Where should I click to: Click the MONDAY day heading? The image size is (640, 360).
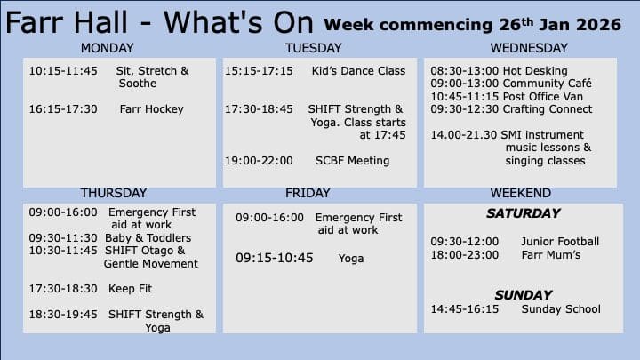(x=107, y=48)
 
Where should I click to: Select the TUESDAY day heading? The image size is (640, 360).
(x=313, y=48)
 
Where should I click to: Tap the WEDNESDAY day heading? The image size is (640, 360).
(x=529, y=48)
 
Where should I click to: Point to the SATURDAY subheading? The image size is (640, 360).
(x=524, y=213)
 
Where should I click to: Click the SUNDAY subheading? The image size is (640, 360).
(x=524, y=295)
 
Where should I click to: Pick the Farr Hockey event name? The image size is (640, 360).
(x=151, y=109)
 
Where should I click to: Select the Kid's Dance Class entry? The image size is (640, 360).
(x=358, y=71)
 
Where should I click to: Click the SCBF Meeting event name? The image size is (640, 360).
(x=352, y=161)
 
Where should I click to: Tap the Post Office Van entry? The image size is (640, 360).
(x=543, y=97)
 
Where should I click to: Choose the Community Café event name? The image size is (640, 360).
(x=547, y=84)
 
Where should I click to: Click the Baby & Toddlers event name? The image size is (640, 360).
(x=148, y=238)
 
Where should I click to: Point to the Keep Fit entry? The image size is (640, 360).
(x=130, y=289)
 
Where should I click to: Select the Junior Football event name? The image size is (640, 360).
(x=560, y=242)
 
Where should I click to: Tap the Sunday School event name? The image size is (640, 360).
(x=561, y=309)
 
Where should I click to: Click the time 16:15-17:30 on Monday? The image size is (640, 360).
(x=63, y=109)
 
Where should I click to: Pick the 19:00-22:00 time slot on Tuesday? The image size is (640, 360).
(x=259, y=161)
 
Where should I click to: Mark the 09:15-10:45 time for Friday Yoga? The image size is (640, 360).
(x=275, y=258)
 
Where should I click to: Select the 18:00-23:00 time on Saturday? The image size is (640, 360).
(x=465, y=255)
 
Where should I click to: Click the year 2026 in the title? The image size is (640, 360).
(x=598, y=25)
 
